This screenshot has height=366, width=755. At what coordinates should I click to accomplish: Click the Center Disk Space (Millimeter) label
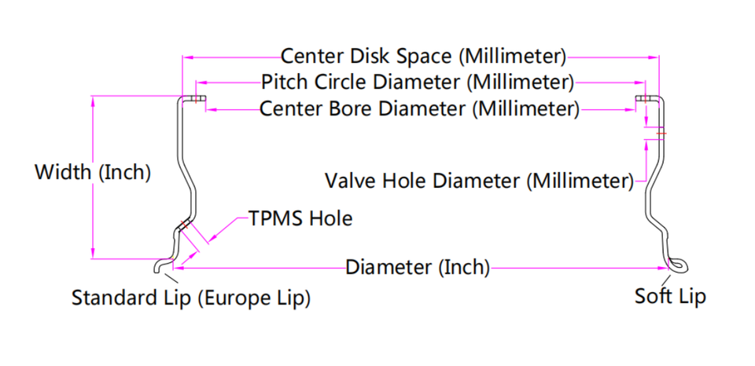pos(423,57)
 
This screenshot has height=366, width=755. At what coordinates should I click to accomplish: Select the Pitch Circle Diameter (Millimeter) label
pos(418,82)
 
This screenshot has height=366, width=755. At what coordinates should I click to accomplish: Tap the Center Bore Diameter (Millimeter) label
pos(419,108)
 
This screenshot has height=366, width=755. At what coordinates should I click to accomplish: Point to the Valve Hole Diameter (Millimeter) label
pos(479,181)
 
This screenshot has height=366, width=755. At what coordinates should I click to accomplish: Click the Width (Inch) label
pos(92,172)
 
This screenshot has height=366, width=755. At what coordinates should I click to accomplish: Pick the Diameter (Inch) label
pos(418,268)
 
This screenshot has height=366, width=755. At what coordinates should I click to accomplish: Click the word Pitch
pos(284,82)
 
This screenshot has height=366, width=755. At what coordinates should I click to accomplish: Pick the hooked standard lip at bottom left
pos(164,266)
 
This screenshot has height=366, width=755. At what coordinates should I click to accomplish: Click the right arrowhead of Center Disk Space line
pos(656,57)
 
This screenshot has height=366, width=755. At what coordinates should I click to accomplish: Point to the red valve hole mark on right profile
pos(661,134)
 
